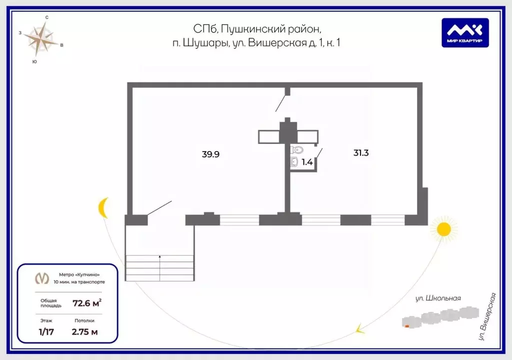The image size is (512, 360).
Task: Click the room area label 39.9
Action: click(x=210, y=154)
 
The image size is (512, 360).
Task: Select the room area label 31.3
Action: click(x=361, y=152)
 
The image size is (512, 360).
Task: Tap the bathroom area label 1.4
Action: click(x=307, y=162)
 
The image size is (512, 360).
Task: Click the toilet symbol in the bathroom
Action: click(x=297, y=150)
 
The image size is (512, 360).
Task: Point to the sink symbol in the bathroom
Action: click(x=294, y=161)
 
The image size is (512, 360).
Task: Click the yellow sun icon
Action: click(x=443, y=229)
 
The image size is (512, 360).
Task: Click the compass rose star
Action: click(x=41, y=38)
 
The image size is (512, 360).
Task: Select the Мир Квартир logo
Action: click(x=465, y=32)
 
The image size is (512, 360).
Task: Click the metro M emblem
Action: click(x=42, y=278)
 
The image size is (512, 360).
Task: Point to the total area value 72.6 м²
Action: click(x=87, y=303)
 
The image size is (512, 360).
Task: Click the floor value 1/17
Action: click(x=46, y=332)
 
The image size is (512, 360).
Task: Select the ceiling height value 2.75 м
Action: click(x=85, y=332)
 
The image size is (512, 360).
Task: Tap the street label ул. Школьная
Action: click(x=438, y=298)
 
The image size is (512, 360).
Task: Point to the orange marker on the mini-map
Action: click(x=407, y=326)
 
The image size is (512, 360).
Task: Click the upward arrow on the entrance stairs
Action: click(x=159, y=268)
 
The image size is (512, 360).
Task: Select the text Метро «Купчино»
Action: click(x=79, y=274)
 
